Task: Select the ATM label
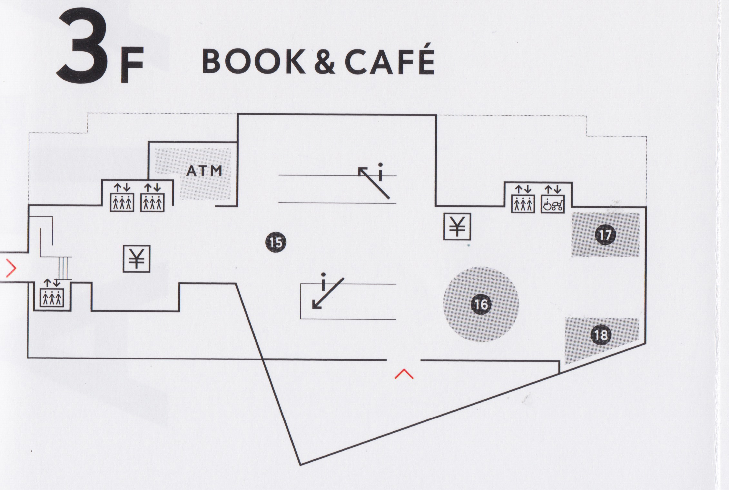[204, 171]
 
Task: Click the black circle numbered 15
[276, 242]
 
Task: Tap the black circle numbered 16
[481, 304]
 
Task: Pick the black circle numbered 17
[605, 235]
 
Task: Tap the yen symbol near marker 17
[457, 226]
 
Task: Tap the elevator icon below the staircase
[52, 296]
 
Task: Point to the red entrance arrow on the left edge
[11, 270]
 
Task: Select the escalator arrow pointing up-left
[374, 182]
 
